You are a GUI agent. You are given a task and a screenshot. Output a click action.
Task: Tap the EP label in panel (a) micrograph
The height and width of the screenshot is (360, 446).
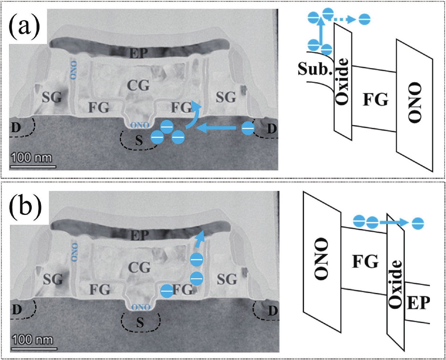coord(138,53)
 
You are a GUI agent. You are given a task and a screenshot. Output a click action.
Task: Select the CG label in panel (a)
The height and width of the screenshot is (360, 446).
coord(138,85)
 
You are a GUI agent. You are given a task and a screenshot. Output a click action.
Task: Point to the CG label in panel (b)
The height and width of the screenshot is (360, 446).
coord(139,267)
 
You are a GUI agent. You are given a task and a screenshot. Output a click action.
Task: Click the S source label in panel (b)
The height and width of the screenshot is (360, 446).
coord(140,322)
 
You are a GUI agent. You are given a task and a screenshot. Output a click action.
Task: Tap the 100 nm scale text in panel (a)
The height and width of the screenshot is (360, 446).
coord(31,158)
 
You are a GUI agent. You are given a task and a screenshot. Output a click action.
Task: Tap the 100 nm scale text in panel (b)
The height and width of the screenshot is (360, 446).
coord(32,340)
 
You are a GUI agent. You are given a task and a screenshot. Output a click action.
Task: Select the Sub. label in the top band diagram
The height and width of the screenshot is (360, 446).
coord(315,69)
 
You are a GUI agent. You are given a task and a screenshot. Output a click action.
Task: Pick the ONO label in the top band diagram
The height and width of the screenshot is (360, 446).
coord(415,102)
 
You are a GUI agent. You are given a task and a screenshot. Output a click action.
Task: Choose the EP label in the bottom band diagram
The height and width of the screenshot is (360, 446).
coord(418,302)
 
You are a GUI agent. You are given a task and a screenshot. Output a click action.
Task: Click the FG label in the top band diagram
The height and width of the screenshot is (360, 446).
coord(376,99)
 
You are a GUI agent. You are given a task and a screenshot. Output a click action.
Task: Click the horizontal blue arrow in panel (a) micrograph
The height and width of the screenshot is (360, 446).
coord(217,128)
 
